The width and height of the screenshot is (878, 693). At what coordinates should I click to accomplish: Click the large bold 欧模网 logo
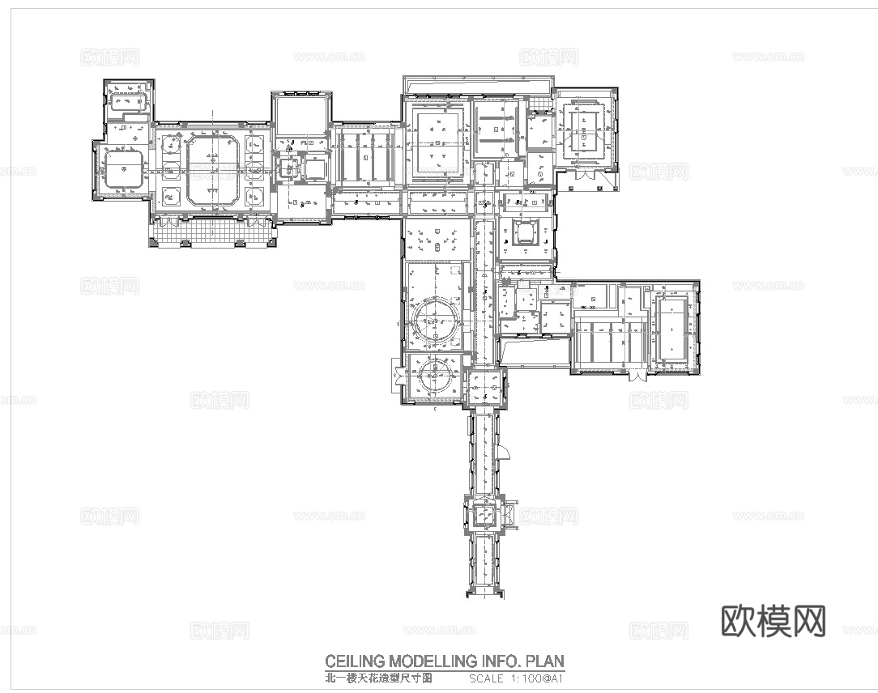773,621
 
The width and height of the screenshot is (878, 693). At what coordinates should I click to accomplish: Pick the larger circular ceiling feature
434,322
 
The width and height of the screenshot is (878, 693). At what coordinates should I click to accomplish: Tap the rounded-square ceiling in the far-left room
121,171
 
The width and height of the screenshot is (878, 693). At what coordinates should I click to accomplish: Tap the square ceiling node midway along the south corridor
484,513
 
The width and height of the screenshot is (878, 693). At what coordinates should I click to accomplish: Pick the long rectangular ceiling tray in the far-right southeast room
672,328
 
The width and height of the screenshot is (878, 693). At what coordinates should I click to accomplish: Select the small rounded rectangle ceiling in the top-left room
128,104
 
